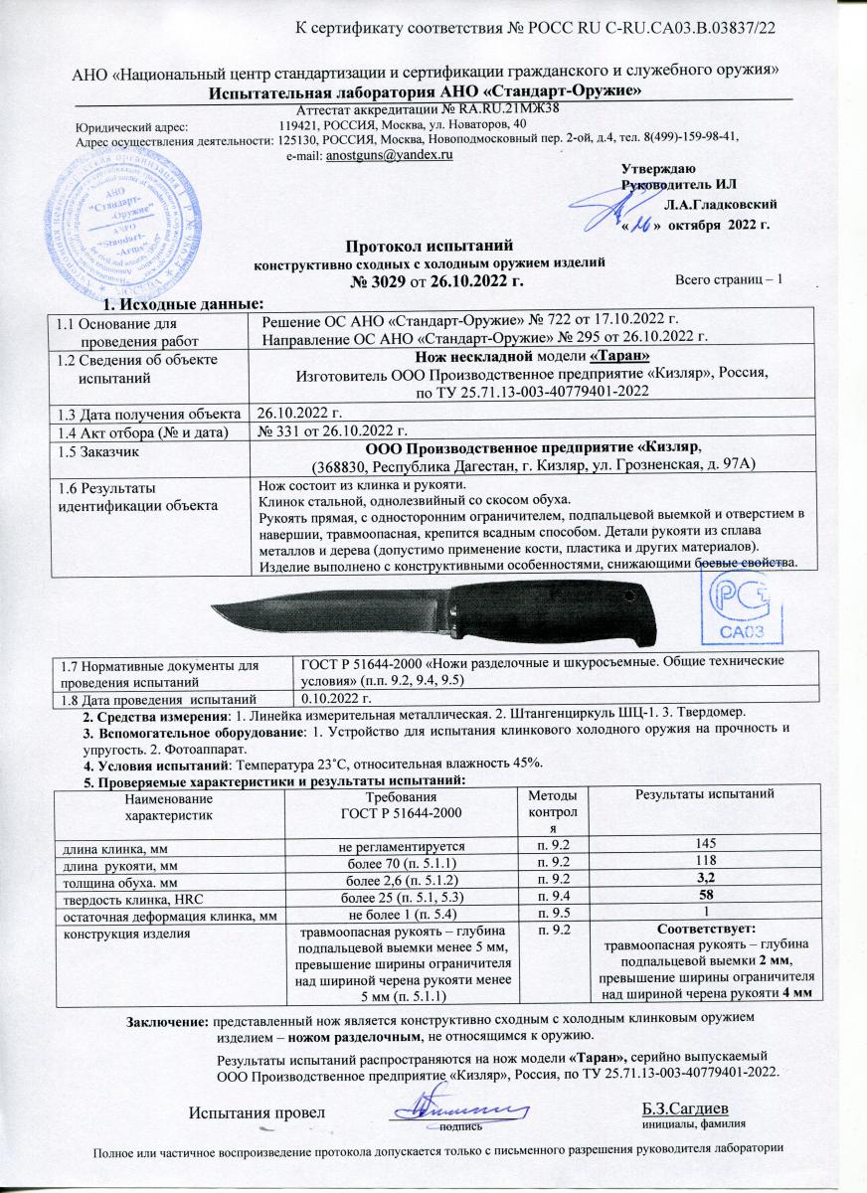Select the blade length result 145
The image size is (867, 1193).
707,844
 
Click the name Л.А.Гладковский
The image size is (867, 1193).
721,204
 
